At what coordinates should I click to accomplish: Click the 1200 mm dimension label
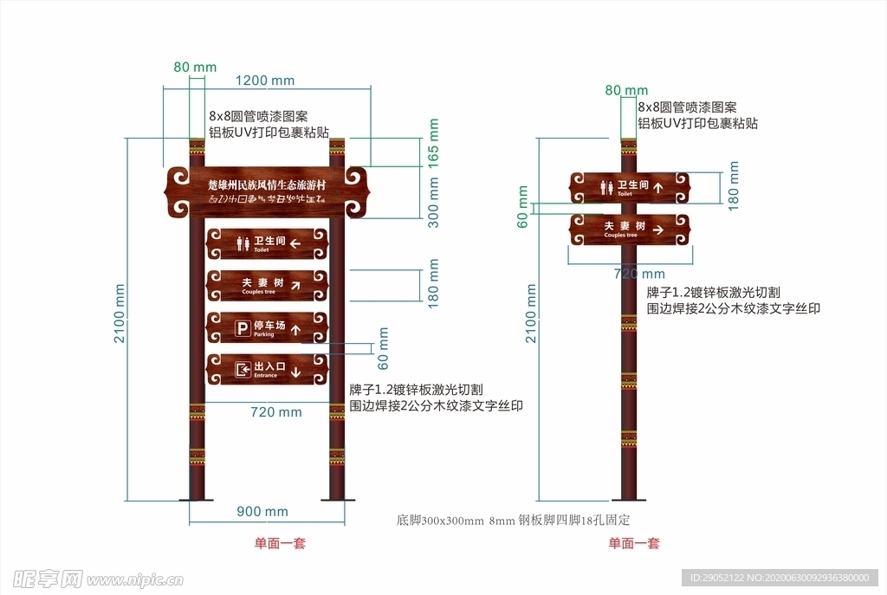pyautogui.click(x=265, y=81)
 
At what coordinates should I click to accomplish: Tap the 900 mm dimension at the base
pyautogui.click(x=262, y=512)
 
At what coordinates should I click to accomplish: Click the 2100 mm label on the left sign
pyautogui.click(x=120, y=314)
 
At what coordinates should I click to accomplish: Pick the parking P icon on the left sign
pyautogui.click(x=243, y=328)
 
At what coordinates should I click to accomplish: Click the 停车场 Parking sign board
pyautogui.click(x=267, y=328)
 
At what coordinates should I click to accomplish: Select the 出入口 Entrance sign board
pyautogui.click(x=267, y=370)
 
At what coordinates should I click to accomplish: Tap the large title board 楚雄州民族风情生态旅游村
pyautogui.click(x=267, y=191)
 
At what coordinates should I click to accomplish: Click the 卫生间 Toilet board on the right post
pyautogui.click(x=630, y=188)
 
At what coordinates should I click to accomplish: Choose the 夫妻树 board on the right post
pyautogui.click(x=630, y=230)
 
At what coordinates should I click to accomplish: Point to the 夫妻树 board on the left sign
pyautogui.click(x=267, y=285)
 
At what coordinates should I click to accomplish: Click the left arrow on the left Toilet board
pyautogui.click(x=295, y=243)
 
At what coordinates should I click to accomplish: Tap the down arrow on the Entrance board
pyautogui.click(x=295, y=372)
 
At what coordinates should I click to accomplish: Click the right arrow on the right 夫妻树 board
pyautogui.click(x=658, y=230)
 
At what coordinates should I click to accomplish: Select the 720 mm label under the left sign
pyautogui.click(x=275, y=412)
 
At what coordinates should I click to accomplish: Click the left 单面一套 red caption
pyautogui.click(x=279, y=543)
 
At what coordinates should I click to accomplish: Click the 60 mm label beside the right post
pyautogui.click(x=522, y=208)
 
